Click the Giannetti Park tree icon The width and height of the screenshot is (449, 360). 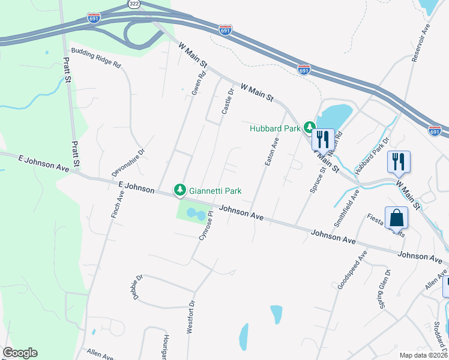point(179,191)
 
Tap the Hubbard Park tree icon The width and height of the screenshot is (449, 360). point(309,127)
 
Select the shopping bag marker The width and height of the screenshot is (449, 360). point(397,218)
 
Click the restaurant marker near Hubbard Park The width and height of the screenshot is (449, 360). point(323,140)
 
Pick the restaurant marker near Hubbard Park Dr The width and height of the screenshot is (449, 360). point(399,161)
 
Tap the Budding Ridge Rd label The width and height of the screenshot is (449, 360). point(97,57)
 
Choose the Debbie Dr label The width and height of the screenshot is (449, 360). point(137,287)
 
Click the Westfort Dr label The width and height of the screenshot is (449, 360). point(190,316)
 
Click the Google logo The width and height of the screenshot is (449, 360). point(20,353)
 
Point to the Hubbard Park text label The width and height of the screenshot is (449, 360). point(276,127)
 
